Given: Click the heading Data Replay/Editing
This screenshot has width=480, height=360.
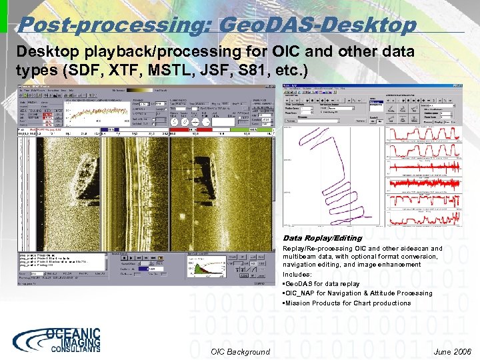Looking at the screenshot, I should tap(322, 238).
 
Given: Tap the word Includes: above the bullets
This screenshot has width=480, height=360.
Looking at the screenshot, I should tap(297, 274).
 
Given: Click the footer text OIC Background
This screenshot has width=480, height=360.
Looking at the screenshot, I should tap(240, 352).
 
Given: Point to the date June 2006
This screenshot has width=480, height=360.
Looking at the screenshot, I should tap(451, 352).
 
